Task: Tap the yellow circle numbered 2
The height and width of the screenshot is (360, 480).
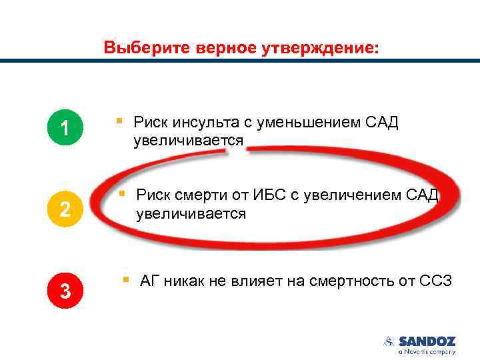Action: [x=64, y=209]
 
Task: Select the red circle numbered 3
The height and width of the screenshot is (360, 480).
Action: [x=64, y=291]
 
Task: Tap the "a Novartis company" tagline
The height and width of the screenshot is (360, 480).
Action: [x=427, y=351]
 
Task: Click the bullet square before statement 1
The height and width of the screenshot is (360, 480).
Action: [x=118, y=121]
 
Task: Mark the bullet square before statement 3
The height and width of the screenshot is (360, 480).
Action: [x=125, y=279]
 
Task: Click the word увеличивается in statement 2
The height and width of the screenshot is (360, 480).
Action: [x=191, y=214]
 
